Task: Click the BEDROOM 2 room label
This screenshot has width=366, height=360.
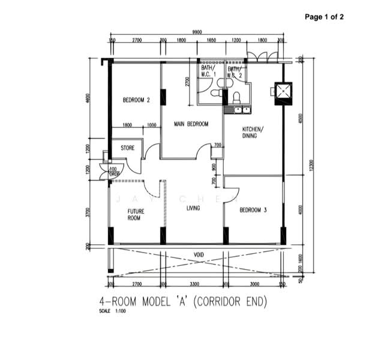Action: (x=136, y=100)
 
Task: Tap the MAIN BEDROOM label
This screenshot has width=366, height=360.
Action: (x=191, y=124)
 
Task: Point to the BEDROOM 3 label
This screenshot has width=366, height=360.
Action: (x=253, y=210)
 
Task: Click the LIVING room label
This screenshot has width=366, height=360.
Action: (x=193, y=208)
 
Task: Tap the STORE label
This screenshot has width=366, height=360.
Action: (x=127, y=147)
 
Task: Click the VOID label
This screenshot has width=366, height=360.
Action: (x=199, y=255)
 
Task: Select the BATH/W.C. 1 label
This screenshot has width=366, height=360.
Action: (x=207, y=72)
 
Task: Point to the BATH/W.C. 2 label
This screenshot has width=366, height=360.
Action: (x=235, y=73)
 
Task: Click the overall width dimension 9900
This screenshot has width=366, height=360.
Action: (x=196, y=31)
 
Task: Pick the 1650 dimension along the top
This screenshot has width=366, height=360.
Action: (x=211, y=40)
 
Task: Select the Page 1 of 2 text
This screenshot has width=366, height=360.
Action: (x=324, y=17)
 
